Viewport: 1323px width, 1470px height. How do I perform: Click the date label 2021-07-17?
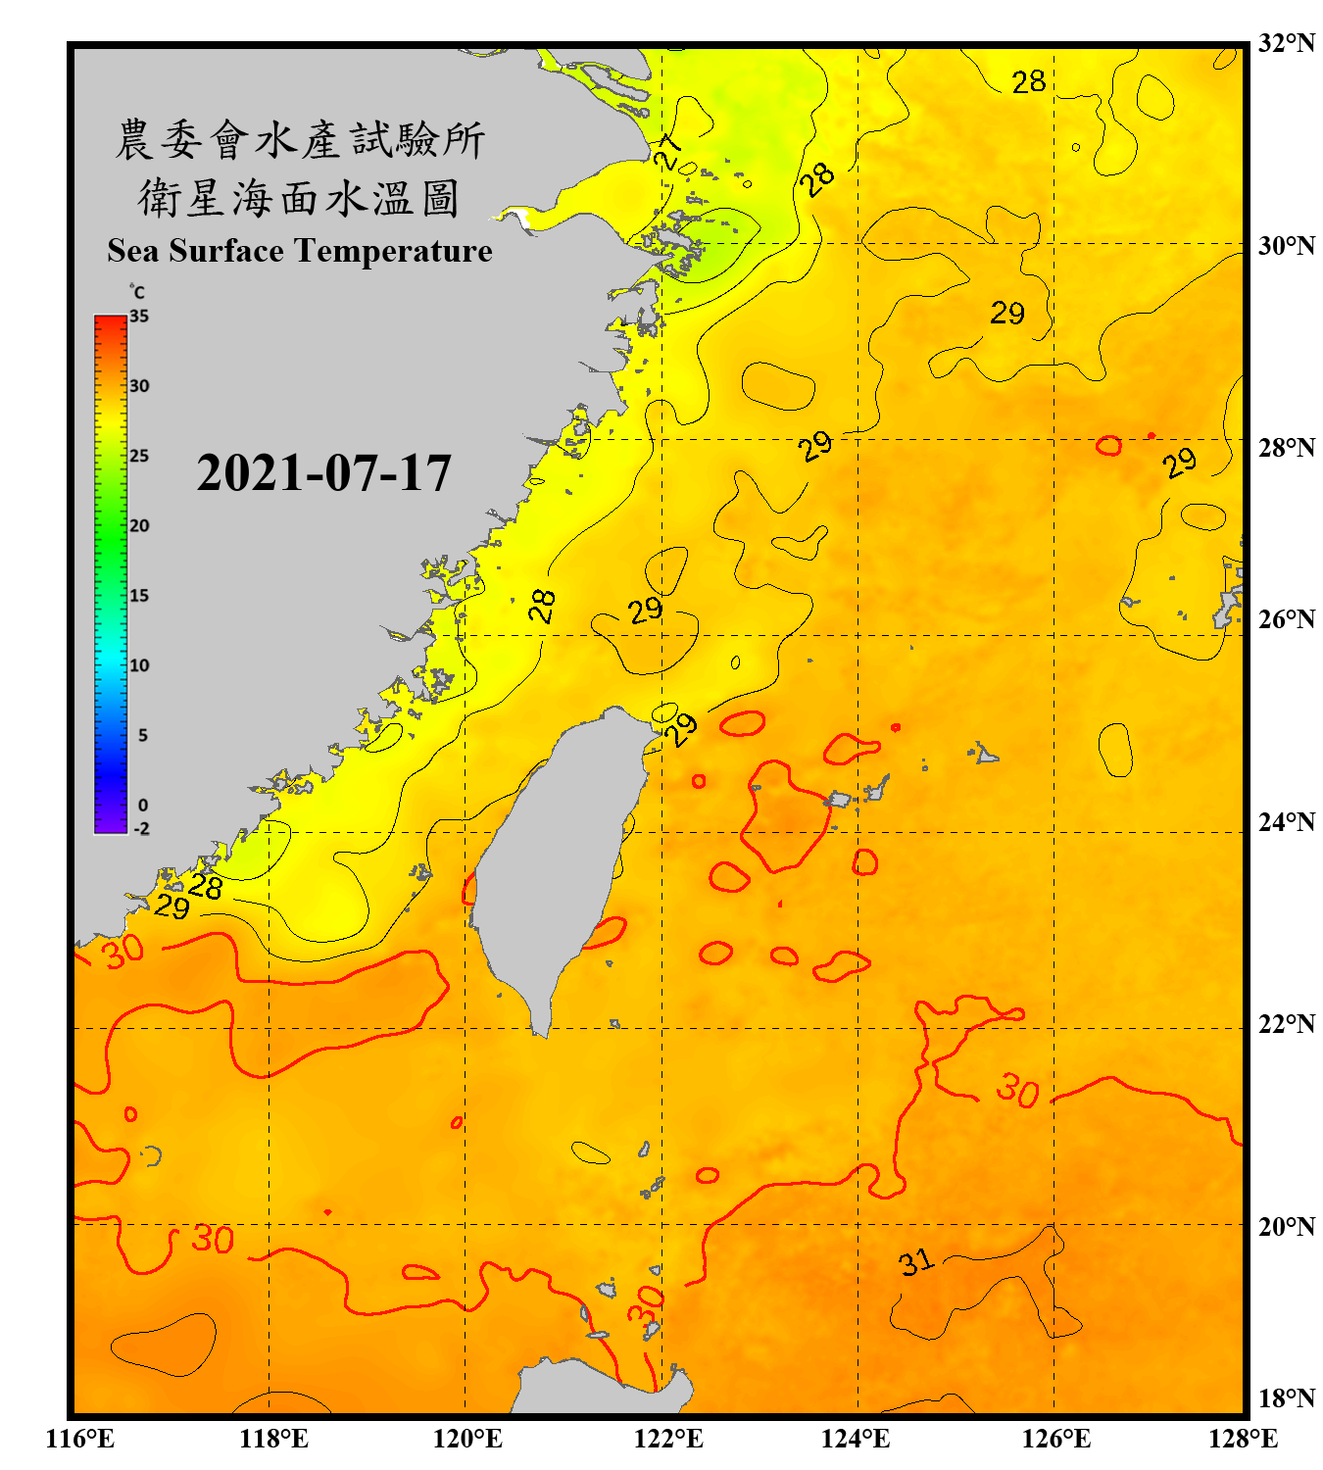click(x=323, y=473)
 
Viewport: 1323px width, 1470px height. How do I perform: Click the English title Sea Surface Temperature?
click(x=300, y=251)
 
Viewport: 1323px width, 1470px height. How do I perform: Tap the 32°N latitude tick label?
click(x=1286, y=43)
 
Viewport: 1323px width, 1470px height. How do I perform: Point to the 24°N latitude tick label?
click(x=1286, y=821)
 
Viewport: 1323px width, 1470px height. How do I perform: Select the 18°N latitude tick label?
click(x=1286, y=1398)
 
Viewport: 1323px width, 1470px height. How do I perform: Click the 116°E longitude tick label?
click(x=80, y=1439)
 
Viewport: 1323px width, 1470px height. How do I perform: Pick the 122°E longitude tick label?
click(x=668, y=1439)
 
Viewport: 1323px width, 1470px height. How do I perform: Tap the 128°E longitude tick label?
click(x=1243, y=1439)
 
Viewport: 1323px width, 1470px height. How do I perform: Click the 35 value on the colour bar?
click(x=139, y=317)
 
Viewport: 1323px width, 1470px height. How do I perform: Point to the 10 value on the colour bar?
click(x=139, y=665)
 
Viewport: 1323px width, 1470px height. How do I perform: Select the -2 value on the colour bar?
click(x=141, y=829)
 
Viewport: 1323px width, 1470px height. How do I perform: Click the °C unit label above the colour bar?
click(x=137, y=292)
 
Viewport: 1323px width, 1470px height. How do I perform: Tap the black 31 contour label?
click(x=916, y=1262)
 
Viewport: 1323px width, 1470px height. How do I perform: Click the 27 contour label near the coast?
click(x=667, y=152)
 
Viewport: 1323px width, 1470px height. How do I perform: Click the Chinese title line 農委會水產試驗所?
click(x=300, y=139)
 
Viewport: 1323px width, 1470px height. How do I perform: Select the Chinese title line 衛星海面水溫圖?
click(x=300, y=198)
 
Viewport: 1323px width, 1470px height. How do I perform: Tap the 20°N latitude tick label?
click(x=1286, y=1226)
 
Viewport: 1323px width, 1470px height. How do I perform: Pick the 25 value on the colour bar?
click(x=139, y=456)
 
